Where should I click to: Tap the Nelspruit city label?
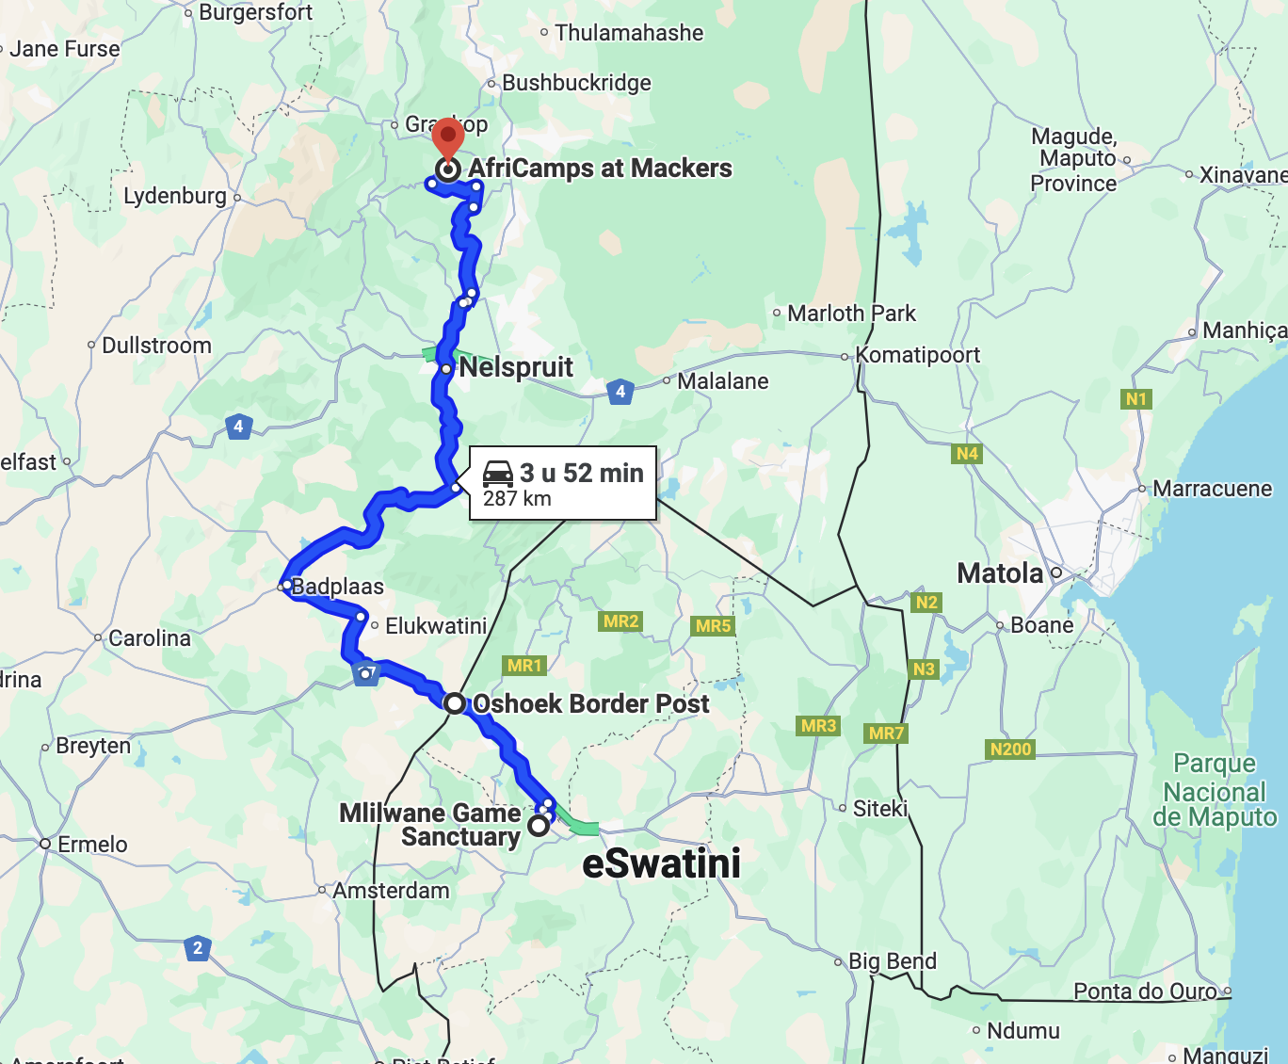pyautogui.click(x=515, y=367)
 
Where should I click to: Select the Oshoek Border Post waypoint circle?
pyautogui.click(x=455, y=703)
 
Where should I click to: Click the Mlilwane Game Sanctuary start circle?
pyautogui.click(x=538, y=826)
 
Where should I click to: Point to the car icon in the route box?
pyautogui.click(x=497, y=473)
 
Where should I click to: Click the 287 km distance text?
pyautogui.click(x=517, y=499)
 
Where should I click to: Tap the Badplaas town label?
pyautogui.click(x=337, y=587)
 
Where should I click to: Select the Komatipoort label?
pyautogui.click(x=917, y=355)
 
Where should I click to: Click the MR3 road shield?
pyautogui.click(x=818, y=725)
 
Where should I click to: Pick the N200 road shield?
pyautogui.click(x=1010, y=750)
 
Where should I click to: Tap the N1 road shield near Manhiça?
pyautogui.click(x=1136, y=399)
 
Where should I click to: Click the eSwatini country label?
pyautogui.click(x=661, y=863)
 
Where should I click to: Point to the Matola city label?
pyautogui.click(x=1000, y=572)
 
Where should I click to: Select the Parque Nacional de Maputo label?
pyautogui.click(x=1215, y=791)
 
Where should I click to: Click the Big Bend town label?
pyautogui.click(x=892, y=961)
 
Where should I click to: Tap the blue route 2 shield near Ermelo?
pyautogui.click(x=197, y=948)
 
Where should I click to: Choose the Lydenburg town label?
pyautogui.click(x=175, y=196)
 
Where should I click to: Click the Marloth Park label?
pyautogui.click(x=851, y=313)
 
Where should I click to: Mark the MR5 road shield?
pyautogui.click(x=713, y=626)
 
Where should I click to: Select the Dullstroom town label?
pyautogui.click(x=156, y=346)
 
